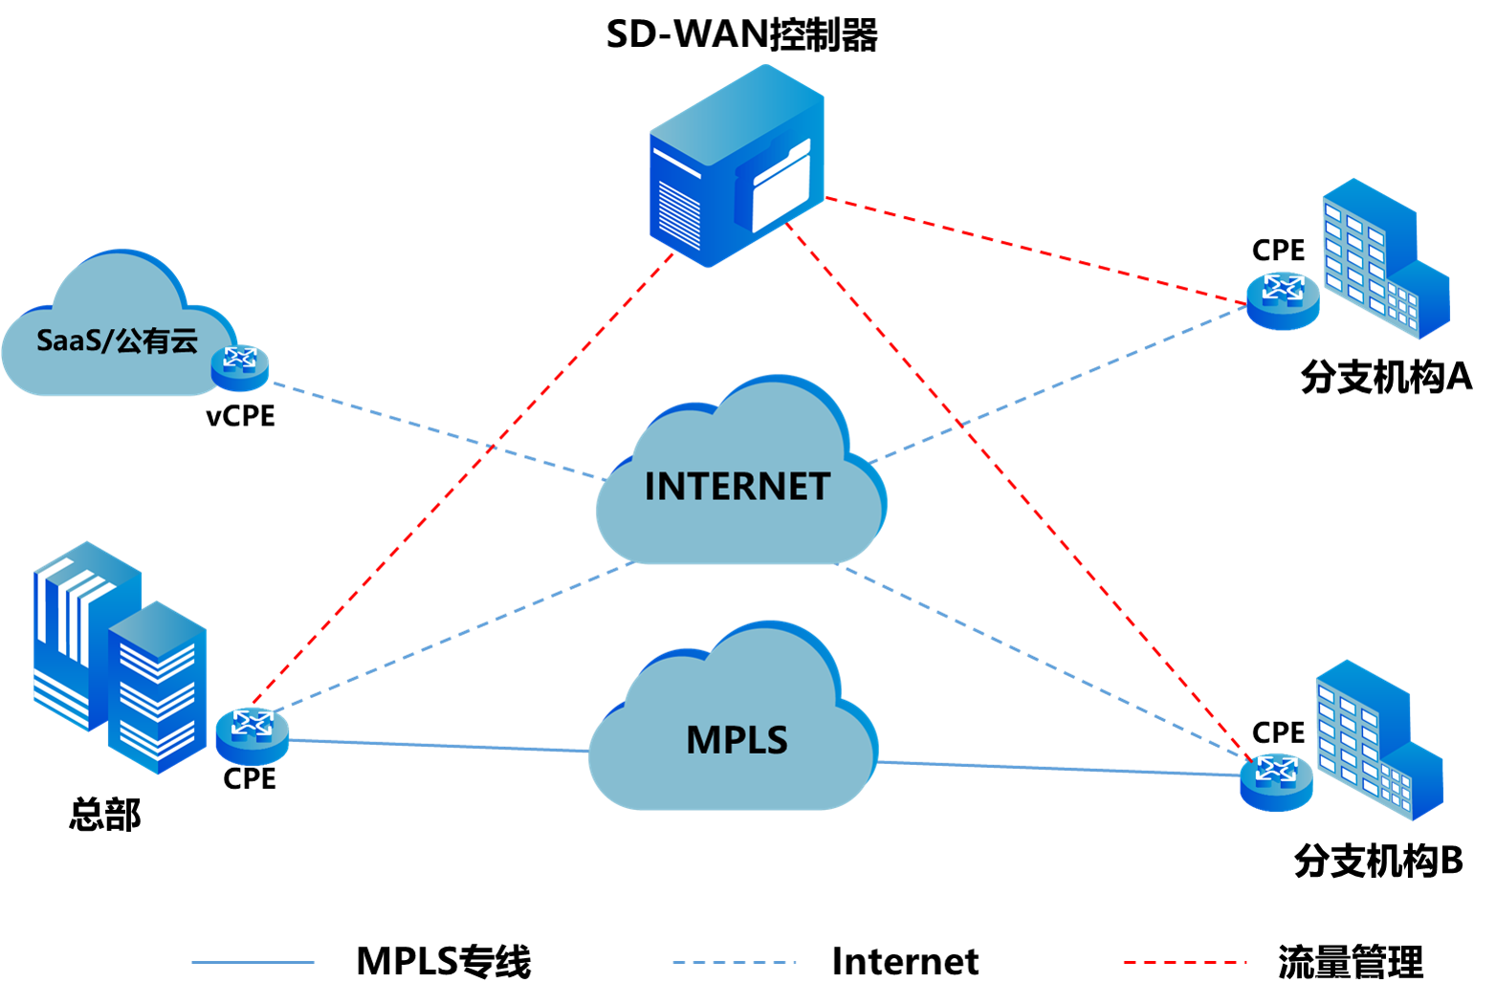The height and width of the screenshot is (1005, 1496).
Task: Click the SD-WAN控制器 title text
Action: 742,34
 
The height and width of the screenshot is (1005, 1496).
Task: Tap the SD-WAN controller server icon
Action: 737,165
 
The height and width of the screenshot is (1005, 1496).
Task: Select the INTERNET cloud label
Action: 737,486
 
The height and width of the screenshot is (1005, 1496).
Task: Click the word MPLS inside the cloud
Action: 737,740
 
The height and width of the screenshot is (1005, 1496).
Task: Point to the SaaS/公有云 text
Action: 117,340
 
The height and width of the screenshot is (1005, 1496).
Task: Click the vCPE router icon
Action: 240,367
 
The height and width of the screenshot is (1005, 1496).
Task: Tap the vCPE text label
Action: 240,416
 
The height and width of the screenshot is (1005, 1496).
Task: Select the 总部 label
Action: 105,815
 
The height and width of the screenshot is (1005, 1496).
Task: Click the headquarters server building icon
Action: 121,658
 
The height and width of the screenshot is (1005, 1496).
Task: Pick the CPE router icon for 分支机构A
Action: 1283,300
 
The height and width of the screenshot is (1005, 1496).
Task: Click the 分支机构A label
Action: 1386,377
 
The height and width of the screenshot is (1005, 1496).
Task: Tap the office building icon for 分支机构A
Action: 1386,258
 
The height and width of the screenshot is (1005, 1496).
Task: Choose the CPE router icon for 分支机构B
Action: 1276,782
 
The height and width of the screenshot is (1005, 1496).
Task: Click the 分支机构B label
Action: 1379,860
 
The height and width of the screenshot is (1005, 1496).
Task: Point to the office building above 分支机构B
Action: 1380,740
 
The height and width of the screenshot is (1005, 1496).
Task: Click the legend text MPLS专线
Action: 444,962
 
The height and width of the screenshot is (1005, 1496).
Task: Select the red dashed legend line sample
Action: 1185,962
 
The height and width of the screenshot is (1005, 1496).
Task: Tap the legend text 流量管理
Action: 1351,962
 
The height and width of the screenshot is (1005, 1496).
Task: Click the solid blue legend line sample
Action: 253,962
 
